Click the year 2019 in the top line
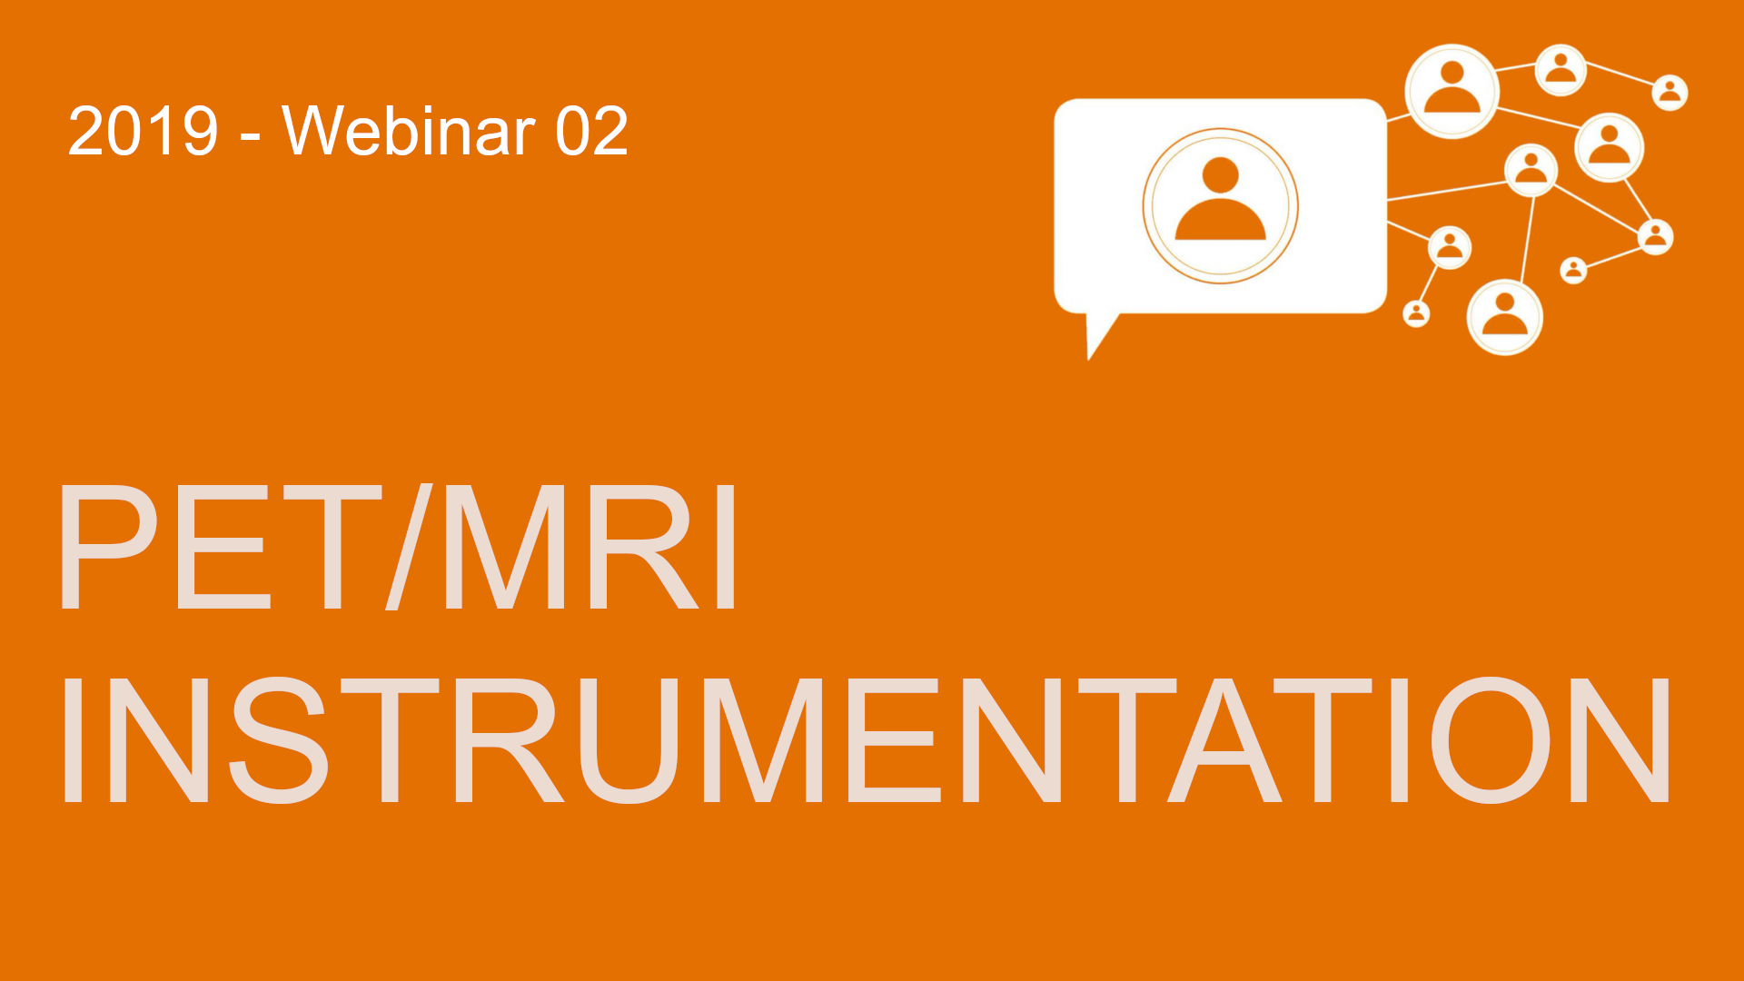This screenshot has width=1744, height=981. click(x=144, y=131)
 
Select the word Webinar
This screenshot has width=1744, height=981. click(x=409, y=130)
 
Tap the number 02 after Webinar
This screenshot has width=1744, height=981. click(x=591, y=131)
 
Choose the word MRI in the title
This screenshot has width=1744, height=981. click(x=590, y=547)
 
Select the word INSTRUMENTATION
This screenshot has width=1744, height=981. click(x=865, y=740)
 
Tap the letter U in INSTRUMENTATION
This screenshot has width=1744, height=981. click(x=629, y=741)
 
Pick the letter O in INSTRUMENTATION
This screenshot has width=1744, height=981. click(x=1491, y=740)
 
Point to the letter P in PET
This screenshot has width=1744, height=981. click(x=109, y=547)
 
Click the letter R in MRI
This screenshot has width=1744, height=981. click(x=642, y=547)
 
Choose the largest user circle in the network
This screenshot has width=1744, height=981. click(x=1451, y=91)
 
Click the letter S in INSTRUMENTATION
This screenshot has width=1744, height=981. click(x=278, y=740)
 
